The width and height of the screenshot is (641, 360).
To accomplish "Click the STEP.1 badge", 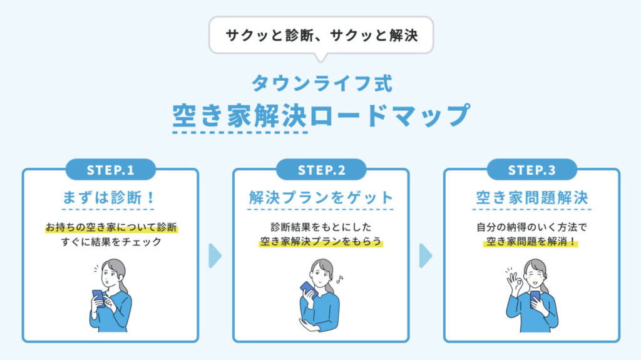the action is coord(111,170).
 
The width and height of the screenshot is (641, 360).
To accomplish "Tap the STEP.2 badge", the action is coord(321,170).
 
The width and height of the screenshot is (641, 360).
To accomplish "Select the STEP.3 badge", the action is coord(532,170).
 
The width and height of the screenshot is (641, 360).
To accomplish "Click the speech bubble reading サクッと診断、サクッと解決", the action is coord(321,35).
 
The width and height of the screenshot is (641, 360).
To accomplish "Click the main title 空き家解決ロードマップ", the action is coord(321,115).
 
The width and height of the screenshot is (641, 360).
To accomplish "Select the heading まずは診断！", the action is coord(109,198).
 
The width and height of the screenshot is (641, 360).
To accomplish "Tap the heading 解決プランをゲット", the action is coord(321,198).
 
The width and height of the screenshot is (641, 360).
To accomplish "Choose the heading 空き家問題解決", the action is coord(532,198).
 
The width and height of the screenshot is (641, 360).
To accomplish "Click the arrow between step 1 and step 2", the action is coord(215,255).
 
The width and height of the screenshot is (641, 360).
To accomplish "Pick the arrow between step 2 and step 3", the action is coord(425,255).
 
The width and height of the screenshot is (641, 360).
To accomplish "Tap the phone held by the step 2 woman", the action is coord(309,289).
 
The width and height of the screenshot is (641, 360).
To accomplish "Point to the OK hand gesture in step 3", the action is coord(515,282).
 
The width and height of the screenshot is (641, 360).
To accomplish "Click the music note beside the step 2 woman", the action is coord(339,279).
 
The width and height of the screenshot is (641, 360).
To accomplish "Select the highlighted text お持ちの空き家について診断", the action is coord(111,227).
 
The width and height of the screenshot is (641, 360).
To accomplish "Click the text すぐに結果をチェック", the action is coord(111,242).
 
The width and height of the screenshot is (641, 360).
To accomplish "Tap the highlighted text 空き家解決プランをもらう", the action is coord(321,242).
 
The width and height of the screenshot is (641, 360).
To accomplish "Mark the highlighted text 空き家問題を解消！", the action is coord(531,242).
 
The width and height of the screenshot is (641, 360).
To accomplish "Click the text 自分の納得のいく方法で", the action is coord(531,227).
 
